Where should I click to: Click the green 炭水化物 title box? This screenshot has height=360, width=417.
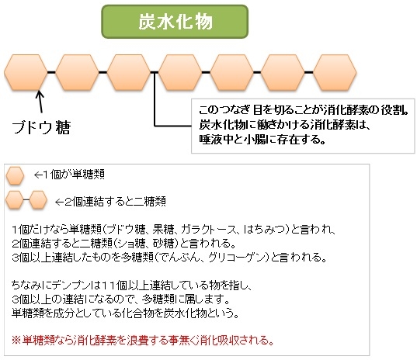[175, 22]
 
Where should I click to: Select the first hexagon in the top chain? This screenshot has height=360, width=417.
[26, 72]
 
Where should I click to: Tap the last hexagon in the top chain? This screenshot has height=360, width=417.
[335, 72]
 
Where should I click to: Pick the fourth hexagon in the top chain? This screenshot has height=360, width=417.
[180, 72]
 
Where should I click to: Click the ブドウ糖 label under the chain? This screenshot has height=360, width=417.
[41, 127]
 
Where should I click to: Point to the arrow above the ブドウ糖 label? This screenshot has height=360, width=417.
[40, 102]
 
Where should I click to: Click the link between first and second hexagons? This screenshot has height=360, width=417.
[51, 72]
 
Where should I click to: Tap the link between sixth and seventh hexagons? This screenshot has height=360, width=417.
[308, 72]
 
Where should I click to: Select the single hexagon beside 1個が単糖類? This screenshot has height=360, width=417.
[16, 175]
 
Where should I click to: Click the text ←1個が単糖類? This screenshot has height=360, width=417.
[69, 175]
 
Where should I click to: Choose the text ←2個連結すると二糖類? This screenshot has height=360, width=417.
[110, 202]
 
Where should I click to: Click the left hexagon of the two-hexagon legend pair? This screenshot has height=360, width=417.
[15, 199]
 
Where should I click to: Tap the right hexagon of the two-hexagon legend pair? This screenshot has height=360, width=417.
[38, 199]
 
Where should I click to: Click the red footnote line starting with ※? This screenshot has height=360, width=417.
[143, 341]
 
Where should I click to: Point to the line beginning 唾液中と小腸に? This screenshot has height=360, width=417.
[262, 139]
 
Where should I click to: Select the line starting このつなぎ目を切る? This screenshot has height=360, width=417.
[304, 109]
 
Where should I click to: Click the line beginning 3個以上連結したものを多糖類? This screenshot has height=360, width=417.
[169, 257]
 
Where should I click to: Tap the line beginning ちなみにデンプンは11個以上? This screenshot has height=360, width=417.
[132, 286]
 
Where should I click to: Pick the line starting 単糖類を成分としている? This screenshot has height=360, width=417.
[125, 313]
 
